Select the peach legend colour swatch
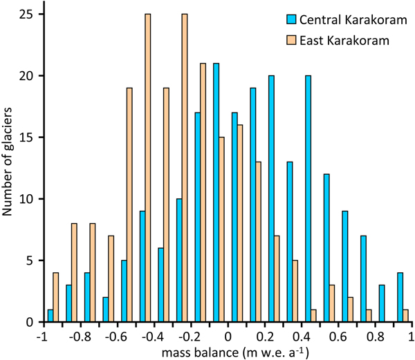coord(290,39)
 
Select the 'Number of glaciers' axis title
coord(10,168)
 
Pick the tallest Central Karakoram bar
coord(216,193)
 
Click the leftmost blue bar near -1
coord(50,316)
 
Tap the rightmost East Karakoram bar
coord(406,316)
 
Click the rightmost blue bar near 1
coord(400,298)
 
